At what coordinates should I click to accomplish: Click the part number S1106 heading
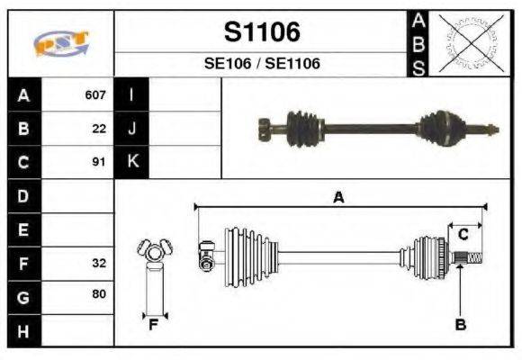coord(261,32)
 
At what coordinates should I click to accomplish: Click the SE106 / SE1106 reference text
coord(261,64)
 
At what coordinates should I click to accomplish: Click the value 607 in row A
coord(95,94)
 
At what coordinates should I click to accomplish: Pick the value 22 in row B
coord(99,129)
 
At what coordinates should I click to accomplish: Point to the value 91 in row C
coord(99,163)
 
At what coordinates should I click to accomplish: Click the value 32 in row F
coord(99,265)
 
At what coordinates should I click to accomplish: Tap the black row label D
coord(23,196)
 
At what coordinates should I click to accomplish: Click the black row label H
coord(23,332)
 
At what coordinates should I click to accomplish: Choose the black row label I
coord(132,94)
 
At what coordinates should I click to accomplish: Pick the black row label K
coord(132,162)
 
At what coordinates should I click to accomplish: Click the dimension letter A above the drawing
coord(338,198)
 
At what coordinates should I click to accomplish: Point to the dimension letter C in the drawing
coord(463,235)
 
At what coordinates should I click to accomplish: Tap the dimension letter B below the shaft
coord(460,324)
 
